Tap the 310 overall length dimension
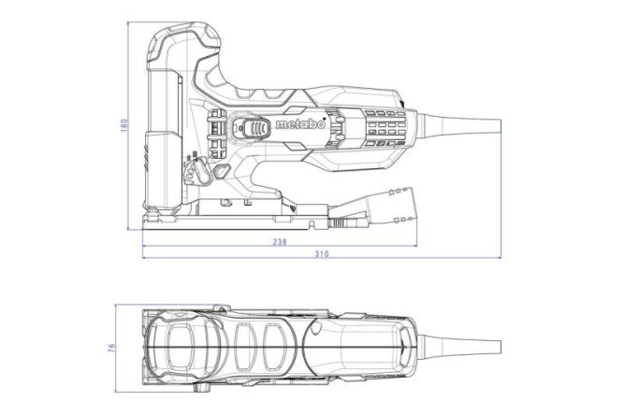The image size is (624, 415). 322,254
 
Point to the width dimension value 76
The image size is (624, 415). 112,348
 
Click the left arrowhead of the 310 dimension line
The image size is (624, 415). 145,254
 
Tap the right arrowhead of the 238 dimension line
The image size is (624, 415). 415,240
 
